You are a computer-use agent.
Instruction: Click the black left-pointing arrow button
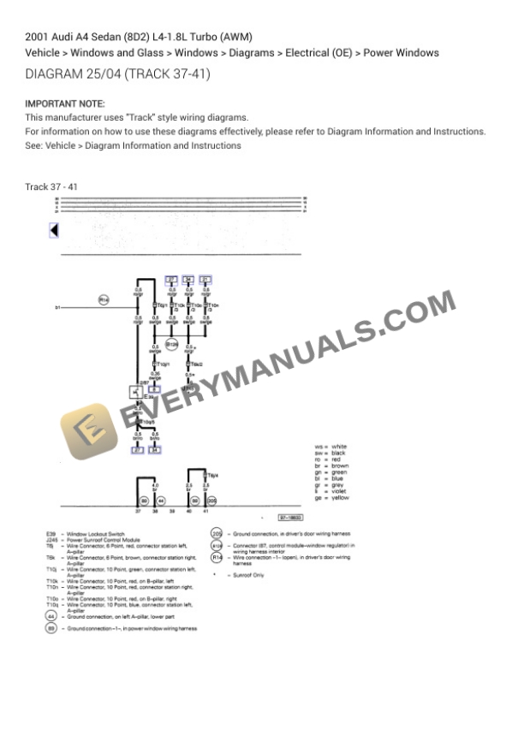(54, 230)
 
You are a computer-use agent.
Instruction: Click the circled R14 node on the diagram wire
(103, 300)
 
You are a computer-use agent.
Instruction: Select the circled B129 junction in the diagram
(171, 345)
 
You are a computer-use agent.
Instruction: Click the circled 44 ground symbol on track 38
(162, 501)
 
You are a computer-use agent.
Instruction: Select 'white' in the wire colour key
(339, 447)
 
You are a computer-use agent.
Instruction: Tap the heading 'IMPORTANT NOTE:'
(65, 104)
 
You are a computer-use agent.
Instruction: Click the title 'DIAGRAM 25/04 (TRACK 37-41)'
(118, 74)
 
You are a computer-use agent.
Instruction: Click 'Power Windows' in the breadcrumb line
(401, 53)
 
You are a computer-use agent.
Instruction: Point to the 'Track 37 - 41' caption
(51, 187)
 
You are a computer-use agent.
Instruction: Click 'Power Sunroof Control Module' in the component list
(103, 540)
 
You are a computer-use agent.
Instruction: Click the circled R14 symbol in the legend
(217, 558)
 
